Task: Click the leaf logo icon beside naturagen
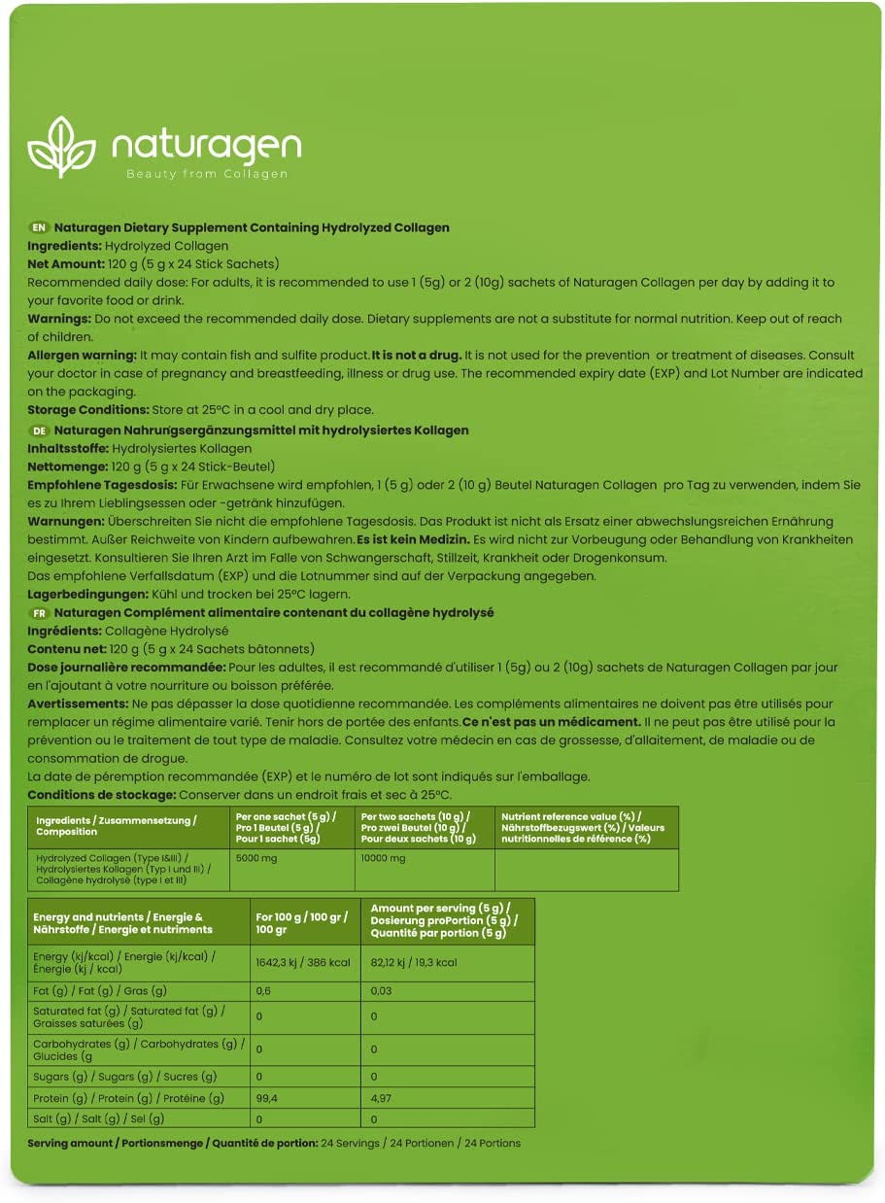pos(62,148)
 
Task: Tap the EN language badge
pos(39,227)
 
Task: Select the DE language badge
pos(39,430)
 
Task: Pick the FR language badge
pos(39,613)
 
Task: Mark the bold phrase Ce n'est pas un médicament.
pos(551,722)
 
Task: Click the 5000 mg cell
pos(255,859)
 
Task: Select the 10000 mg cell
pos(383,859)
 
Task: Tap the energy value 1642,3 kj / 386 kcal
pos(302,962)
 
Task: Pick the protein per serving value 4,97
pos(383,1098)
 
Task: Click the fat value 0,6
pos(263,990)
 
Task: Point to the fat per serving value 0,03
pos(382,990)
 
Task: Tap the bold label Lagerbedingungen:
pos(85,594)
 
